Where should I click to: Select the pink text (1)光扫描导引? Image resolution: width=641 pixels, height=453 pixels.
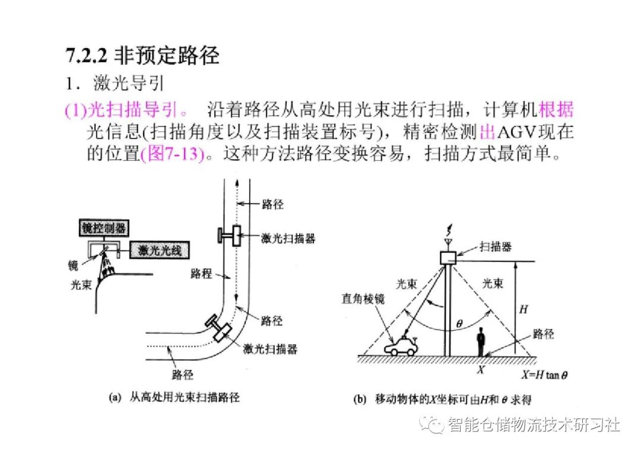point(128,110)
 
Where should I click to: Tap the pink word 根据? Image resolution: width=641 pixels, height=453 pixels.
point(556,110)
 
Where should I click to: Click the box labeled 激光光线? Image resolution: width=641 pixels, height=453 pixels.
point(159,250)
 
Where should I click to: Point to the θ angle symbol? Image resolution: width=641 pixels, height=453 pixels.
point(459,324)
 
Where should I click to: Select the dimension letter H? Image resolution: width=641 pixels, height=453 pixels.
point(523,309)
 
